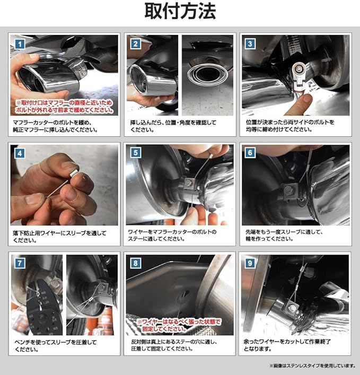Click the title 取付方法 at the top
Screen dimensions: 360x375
pos(180,11)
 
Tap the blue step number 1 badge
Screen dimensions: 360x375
pos(20,44)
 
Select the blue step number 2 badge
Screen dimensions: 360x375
pos(136,44)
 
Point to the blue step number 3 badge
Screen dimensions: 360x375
pos(250,44)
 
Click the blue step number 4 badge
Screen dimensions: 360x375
pos(20,153)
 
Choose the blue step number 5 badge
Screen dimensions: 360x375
pos(136,153)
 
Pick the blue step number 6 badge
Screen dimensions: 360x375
pos(250,153)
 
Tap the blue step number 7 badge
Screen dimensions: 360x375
pos(20,263)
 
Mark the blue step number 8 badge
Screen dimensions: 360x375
pos(136,263)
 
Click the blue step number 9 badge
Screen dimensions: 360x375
pos(250,263)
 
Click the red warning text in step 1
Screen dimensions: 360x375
pos(64,107)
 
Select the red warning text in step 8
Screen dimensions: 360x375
pos(178,325)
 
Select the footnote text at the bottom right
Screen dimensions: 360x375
pos(313,365)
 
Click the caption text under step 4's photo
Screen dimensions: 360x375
pos(59,237)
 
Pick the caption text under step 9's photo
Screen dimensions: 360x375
pos(287,345)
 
